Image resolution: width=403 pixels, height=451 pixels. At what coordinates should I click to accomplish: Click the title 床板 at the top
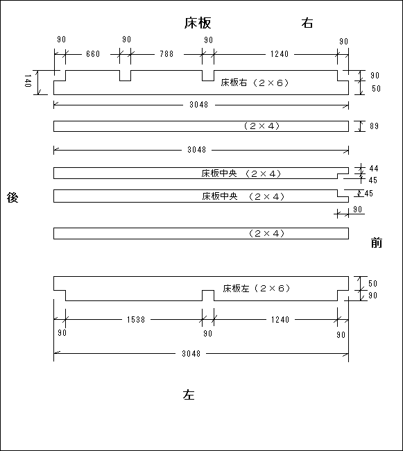pyautogui.click(x=198, y=23)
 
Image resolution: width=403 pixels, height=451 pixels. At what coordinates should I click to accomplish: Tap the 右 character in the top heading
pyautogui.click(x=307, y=23)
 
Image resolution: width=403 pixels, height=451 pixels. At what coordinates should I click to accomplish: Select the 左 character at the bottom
pyautogui.click(x=189, y=395)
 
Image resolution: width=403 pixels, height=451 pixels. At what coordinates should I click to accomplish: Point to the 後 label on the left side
pyautogui.click(x=12, y=198)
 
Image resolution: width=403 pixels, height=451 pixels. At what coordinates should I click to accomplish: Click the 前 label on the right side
pyautogui.click(x=377, y=243)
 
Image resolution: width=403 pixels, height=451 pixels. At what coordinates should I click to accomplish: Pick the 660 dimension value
pyautogui.click(x=93, y=54)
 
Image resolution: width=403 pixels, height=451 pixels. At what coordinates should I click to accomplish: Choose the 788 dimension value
pyautogui.click(x=166, y=54)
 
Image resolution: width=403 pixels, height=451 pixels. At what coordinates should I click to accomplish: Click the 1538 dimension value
pyautogui.click(x=136, y=320)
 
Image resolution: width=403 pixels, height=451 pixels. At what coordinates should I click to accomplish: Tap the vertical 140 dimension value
pyautogui.click(x=28, y=80)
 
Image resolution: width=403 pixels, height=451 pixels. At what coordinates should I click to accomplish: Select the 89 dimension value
pyautogui.click(x=375, y=126)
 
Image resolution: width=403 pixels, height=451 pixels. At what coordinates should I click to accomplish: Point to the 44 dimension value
pyautogui.click(x=374, y=169)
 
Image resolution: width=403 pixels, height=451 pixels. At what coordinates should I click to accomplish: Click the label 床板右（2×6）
pyautogui.click(x=255, y=83)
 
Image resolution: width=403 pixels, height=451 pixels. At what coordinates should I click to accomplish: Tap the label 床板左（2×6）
pyautogui.click(x=257, y=288)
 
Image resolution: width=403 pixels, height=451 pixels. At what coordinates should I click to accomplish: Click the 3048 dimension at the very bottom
pyautogui.click(x=191, y=353)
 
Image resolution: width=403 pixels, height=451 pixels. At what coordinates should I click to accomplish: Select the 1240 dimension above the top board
pyautogui.click(x=280, y=54)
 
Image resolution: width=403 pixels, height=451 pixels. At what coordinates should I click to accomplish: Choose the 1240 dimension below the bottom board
pyautogui.click(x=280, y=320)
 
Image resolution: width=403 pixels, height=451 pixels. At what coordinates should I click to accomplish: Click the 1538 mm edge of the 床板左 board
pyautogui.click(x=134, y=300)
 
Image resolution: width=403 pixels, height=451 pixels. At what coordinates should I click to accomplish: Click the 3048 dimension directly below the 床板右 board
pyautogui.click(x=198, y=105)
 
